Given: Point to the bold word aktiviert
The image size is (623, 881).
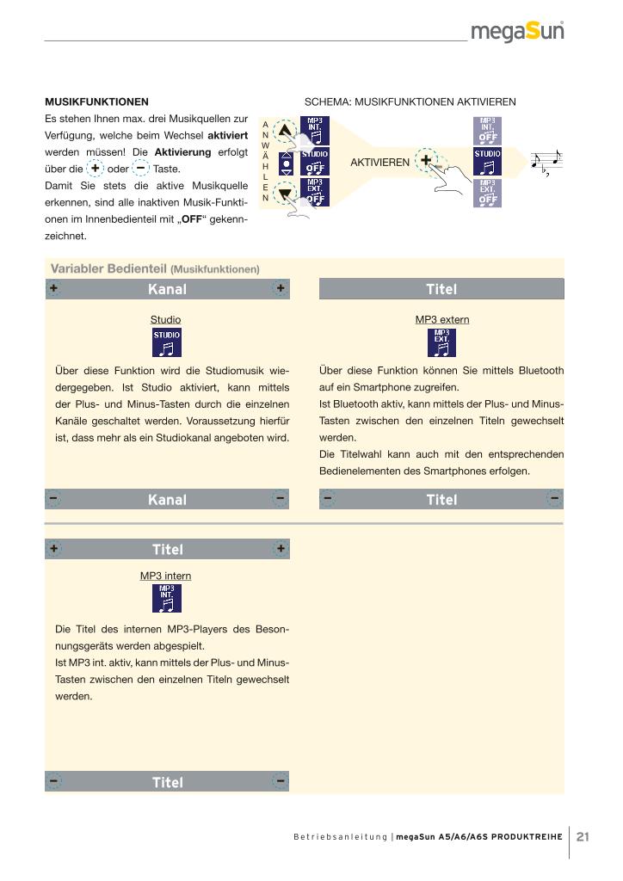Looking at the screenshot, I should (228, 135).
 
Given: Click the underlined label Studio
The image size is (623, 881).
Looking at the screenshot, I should (166, 319).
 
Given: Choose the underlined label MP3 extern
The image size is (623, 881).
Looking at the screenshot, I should (442, 319).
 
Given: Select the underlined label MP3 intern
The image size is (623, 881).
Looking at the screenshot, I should (166, 576).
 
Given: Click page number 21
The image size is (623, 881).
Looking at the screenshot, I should (583, 836).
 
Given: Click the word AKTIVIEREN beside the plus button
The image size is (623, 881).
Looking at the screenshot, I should (379, 162).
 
